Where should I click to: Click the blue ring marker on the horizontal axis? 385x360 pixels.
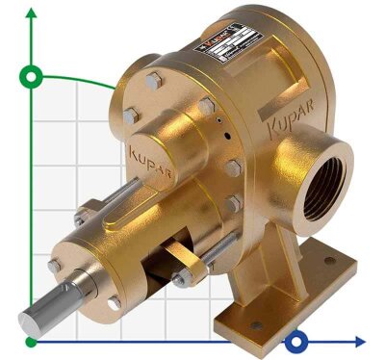click(x=299, y=341)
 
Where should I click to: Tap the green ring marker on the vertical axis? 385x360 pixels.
click(x=33, y=76)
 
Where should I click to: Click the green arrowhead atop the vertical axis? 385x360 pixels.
click(x=33, y=13)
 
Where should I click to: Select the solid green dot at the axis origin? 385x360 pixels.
click(x=33, y=341)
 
